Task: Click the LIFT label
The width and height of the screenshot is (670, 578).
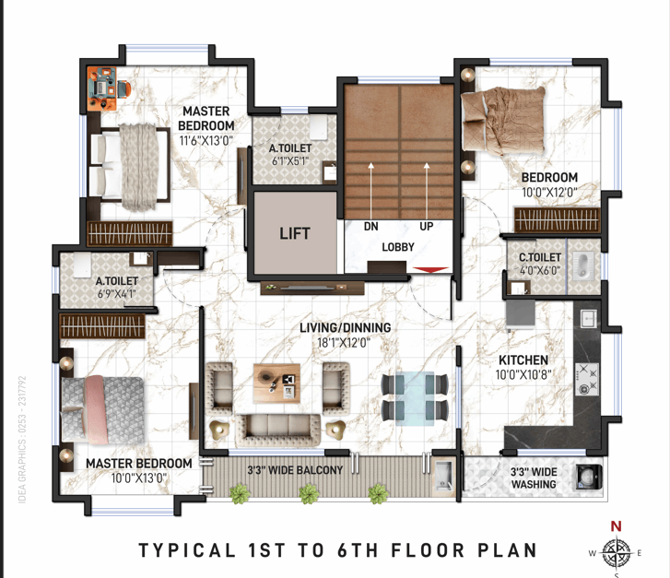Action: pyautogui.click(x=294, y=233)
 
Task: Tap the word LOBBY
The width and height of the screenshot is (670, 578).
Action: pyautogui.click(x=398, y=247)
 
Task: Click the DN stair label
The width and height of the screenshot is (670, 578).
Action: pyautogui.click(x=370, y=226)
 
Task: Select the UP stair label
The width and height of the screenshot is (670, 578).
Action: pyautogui.click(x=427, y=226)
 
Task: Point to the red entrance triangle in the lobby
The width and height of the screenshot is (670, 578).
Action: pyautogui.click(x=430, y=270)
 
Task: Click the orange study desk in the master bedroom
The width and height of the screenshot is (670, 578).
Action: pyautogui.click(x=101, y=88)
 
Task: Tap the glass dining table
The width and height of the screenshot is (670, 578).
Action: pyautogui.click(x=415, y=398)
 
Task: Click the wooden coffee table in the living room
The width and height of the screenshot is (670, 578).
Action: pyautogui.click(x=276, y=383)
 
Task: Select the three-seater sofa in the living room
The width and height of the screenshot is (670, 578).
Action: pyautogui.click(x=277, y=431)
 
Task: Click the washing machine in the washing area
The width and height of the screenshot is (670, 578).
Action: pyautogui.click(x=590, y=477)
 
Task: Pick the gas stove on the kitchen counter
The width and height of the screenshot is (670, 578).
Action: pyautogui.click(x=587, y=379)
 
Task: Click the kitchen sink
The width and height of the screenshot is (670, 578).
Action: pyautogui.click(x=589, y=318)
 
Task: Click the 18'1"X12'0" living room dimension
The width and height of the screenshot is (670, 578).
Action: pyautogui.click(x=344, y=343)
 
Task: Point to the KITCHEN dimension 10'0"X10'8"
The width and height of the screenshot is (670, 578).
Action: pyautogui.click(x=523, y=375)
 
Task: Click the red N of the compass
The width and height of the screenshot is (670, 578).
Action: pyautogui.click(x=616, y=525)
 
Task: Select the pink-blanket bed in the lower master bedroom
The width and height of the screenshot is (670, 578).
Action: pyautogui.click(x=102, y=410)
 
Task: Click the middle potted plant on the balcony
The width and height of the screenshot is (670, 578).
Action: pyautogui.click(x=309, y=494)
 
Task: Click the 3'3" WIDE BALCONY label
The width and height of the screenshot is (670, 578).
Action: pyautogui.click(x=295, y=470)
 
